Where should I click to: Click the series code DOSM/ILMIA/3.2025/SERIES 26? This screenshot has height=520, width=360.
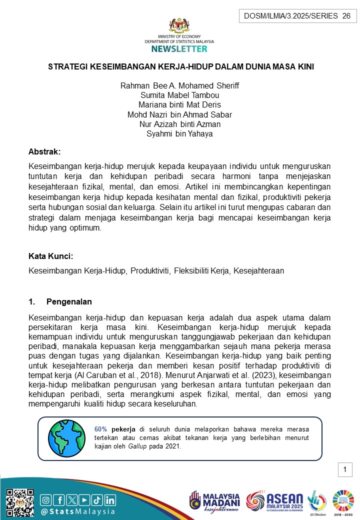click(x=297, y=16)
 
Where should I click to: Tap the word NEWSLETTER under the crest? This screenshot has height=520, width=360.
click(x=179, y=49)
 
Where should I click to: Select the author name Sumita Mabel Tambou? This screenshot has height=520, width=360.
click(x=180, y=95)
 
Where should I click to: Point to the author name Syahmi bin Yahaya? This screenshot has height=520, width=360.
click(x=180, y=133)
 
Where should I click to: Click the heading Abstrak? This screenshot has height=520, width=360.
click(x=44, y=151)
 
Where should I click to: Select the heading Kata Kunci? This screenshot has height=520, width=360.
click(x=51, y=256)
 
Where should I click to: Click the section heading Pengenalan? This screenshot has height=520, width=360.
click(x=69, y=302)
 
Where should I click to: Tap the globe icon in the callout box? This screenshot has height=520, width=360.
click(x=66, y=437)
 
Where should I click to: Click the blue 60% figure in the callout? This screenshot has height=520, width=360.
click(x=101, y=429)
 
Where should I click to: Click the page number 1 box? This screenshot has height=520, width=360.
click(x=345, y=470)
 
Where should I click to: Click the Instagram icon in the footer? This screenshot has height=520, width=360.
click(x=45, y=499)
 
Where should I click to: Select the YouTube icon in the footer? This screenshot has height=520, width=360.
click(x=84, y=499)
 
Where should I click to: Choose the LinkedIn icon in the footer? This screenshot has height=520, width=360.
click(x=109, y=499)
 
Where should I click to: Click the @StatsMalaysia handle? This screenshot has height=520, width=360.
click(x=78, y=511)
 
